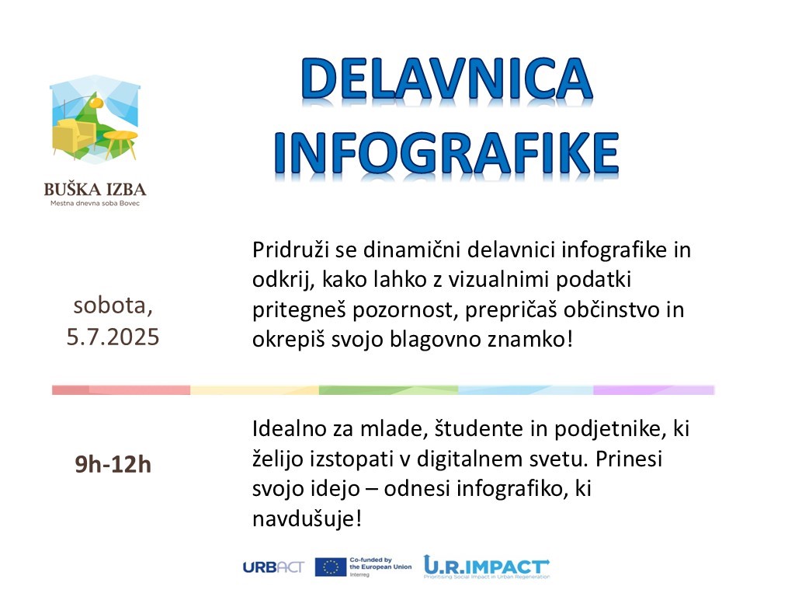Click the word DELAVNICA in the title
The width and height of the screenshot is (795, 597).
[446, 79]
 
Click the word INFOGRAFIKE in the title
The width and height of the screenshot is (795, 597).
[446, 153]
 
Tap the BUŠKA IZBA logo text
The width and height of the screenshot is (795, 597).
[95, 190]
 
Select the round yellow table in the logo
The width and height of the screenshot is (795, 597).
[121, 143]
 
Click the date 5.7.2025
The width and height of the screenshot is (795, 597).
[113, 337]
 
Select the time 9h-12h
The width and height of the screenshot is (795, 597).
[113, 465]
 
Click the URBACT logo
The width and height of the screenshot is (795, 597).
[273, 567]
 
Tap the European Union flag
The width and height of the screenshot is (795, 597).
[331, 567]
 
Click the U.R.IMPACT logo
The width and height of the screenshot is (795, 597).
[487, 567]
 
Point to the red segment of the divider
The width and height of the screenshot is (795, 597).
[121, 390]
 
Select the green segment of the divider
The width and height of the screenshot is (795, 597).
[388, 390]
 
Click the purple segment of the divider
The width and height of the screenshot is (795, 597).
[654, 390]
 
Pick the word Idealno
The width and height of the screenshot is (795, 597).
[289, 429]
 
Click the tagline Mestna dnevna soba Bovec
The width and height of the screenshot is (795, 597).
[95, 204]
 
